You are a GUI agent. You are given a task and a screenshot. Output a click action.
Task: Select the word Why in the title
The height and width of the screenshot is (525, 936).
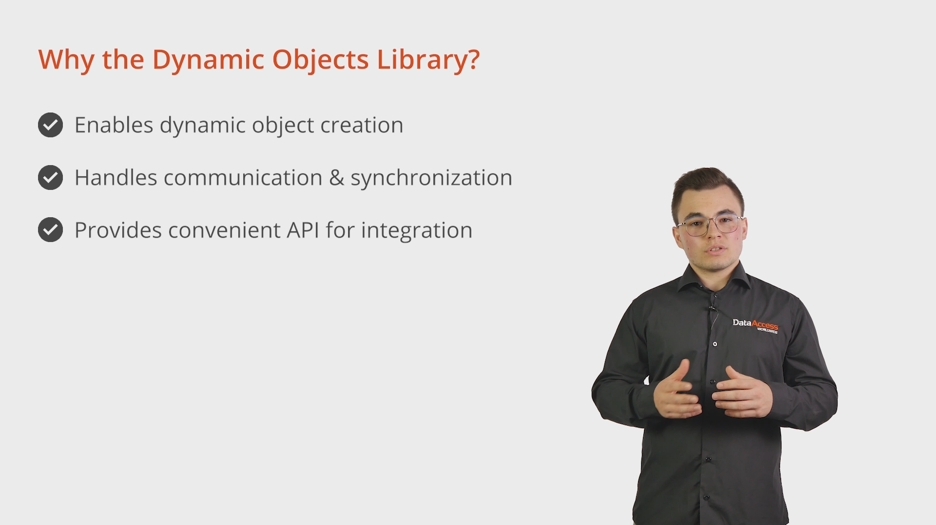point(66,60)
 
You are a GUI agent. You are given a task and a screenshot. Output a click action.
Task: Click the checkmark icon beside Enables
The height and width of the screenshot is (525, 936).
point(50,125)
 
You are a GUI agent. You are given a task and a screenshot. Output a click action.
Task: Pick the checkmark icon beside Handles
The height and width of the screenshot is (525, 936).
point(50,177)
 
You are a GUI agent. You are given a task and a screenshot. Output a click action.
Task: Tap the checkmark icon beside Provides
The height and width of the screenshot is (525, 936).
point(50,229)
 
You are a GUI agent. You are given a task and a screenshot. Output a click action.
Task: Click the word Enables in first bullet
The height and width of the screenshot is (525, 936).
point(114,125)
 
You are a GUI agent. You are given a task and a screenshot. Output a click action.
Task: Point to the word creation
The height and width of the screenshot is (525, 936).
point(362,126)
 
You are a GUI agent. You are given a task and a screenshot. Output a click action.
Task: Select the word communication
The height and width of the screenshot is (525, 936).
point(243,178)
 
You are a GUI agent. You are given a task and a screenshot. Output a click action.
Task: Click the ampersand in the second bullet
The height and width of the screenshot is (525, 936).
point(336,178)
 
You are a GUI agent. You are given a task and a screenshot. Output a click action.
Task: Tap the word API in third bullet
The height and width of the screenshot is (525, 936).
point(302,230)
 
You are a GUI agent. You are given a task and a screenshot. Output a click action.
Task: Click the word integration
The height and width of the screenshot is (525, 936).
point(417,231)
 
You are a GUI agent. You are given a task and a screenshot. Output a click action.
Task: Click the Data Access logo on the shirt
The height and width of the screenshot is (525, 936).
point(755,325)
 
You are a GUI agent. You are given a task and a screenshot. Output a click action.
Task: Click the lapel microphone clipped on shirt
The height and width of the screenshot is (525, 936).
point(712,308)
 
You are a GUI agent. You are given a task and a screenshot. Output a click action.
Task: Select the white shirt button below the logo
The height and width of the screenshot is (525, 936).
point(715,344)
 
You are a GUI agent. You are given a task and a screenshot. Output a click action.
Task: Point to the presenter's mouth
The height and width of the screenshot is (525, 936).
point(716,250)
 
